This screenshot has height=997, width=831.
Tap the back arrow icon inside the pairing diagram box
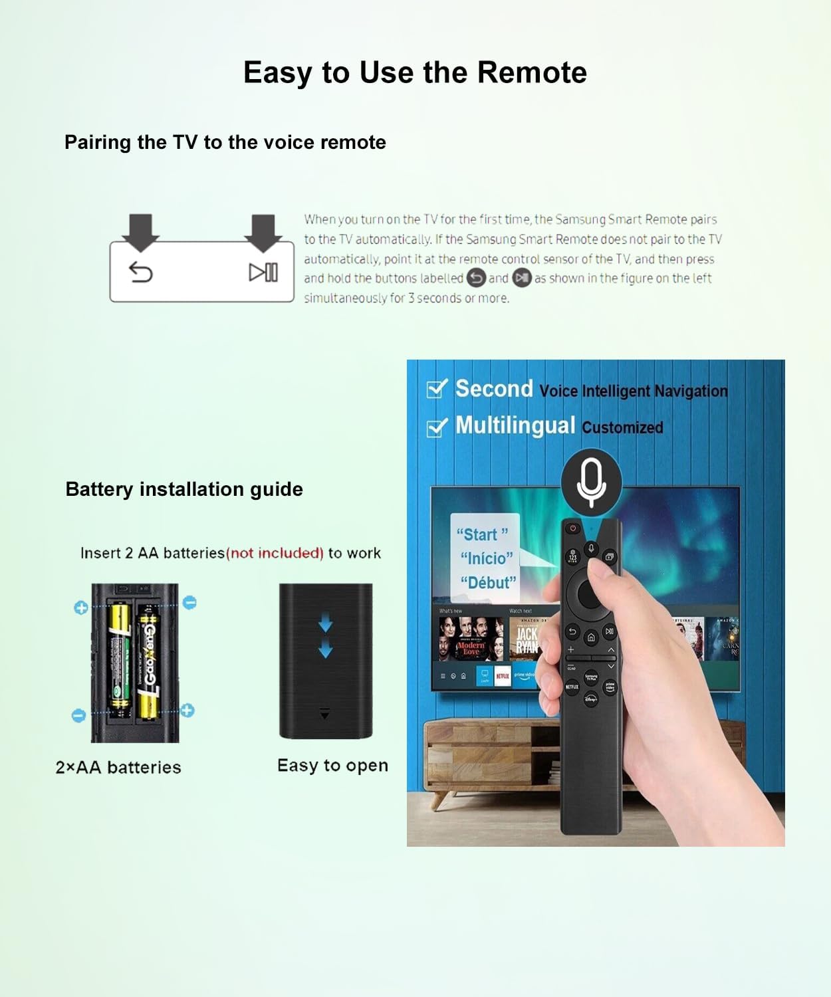tap(141, 272)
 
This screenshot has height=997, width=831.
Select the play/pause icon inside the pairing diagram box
tap(263, 273)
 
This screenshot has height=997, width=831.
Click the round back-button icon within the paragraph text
tap(476, 278)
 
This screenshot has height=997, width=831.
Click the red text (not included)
tap(275, 553)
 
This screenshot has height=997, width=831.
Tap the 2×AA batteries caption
tap(118, 767)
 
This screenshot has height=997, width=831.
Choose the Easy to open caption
tap(332, 766)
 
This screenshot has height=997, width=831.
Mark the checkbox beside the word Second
tap(436, 388)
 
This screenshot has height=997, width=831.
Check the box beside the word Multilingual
tap(436, 427)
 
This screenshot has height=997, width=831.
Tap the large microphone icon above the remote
tap(591, 482)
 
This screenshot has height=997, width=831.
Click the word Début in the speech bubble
tap(488, 583)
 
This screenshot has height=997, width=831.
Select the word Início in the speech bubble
tap(487, 558)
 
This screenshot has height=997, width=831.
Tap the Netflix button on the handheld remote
tap(572, 687)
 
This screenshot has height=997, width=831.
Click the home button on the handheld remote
tap(590, 638)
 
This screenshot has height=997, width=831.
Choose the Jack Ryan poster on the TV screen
tap(527, 640)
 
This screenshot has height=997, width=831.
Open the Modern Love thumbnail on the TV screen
tap(471, 639)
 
